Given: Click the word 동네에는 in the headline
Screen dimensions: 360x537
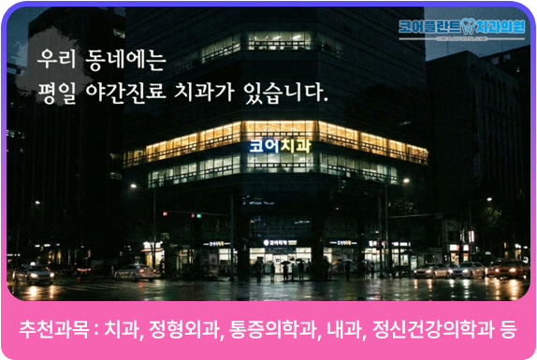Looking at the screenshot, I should click(x=128, y=61).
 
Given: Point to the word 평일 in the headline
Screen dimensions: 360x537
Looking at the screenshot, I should click(x=59, y=93).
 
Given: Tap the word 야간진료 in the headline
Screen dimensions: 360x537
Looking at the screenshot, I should click(x=135, y=93).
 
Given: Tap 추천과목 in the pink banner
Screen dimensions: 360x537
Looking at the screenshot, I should click(x=54, y=330).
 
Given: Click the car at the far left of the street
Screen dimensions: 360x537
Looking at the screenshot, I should click(x=34, y=273).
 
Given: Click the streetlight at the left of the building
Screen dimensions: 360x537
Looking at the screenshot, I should click(x=133, y=186).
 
